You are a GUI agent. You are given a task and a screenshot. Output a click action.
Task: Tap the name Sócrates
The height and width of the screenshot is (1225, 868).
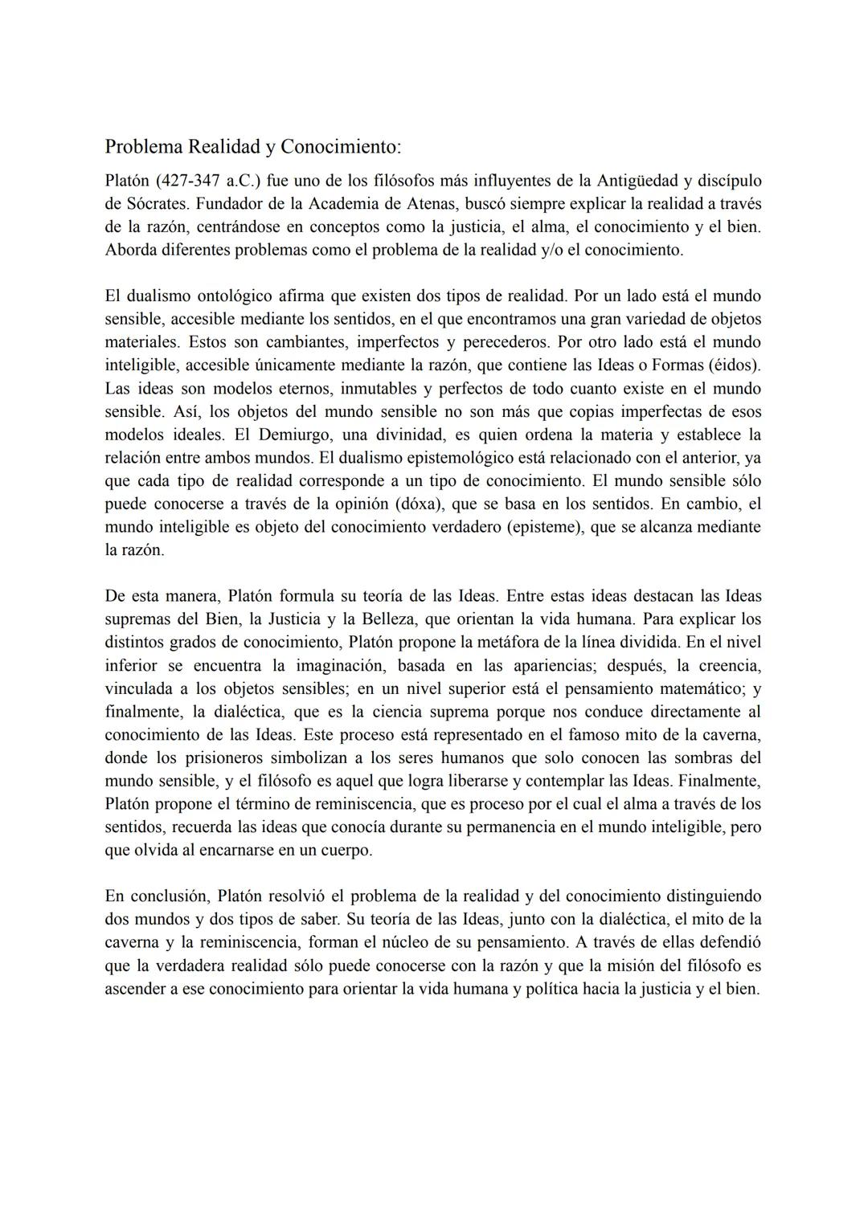coord(154,204)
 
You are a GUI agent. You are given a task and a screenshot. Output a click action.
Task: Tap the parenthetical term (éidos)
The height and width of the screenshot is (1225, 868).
coord(734,365)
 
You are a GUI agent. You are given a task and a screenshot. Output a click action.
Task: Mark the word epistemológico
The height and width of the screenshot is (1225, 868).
coord(455,458)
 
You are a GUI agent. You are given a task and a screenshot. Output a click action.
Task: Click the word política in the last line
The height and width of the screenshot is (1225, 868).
coord(551,989)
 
